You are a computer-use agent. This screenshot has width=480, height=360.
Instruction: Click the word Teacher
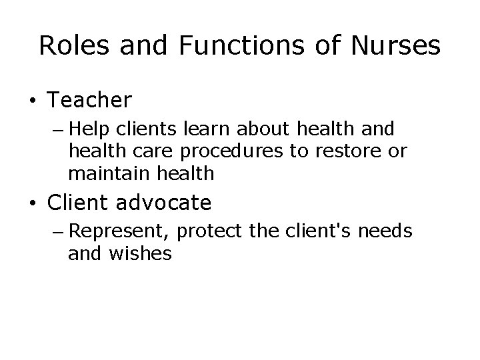(x=89, y=100)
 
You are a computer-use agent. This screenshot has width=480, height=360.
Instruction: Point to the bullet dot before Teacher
(x=32, y=101)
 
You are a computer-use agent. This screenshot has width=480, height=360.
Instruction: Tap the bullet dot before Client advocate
(x=32, y=203)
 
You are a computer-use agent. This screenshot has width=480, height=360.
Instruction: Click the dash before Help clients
(x=56, y=128)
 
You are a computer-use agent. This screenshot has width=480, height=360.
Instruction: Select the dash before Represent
(x=56, y=232)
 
